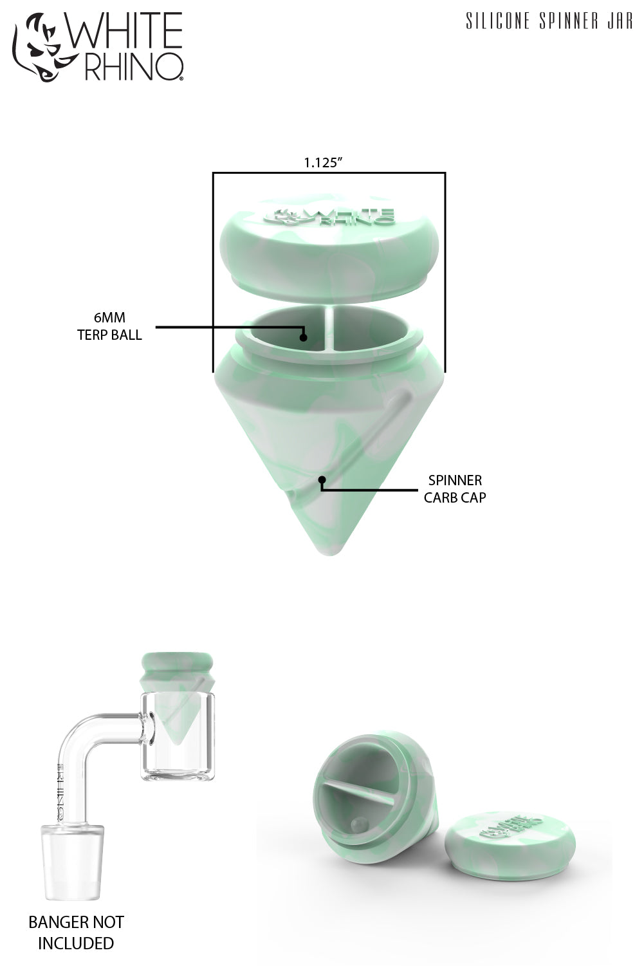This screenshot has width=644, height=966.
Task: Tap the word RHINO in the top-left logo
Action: (x=134, y=67)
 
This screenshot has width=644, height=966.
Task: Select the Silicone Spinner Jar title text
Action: (x=549, y=22)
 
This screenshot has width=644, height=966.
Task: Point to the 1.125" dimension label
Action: (x=322, y=163)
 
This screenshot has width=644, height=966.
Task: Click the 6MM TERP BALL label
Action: (x=109, y=326)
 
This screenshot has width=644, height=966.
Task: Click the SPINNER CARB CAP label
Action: (x=455, y=488)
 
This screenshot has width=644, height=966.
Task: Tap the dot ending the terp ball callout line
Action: (x=303, y=337)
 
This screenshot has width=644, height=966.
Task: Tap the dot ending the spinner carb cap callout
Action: (x=322, y=479)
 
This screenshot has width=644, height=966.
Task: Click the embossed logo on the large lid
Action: (x=329, y=216)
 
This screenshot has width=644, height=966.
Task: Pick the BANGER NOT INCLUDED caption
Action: (x=76, y=933)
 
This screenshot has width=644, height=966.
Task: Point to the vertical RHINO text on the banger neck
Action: (x=61, y=792)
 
